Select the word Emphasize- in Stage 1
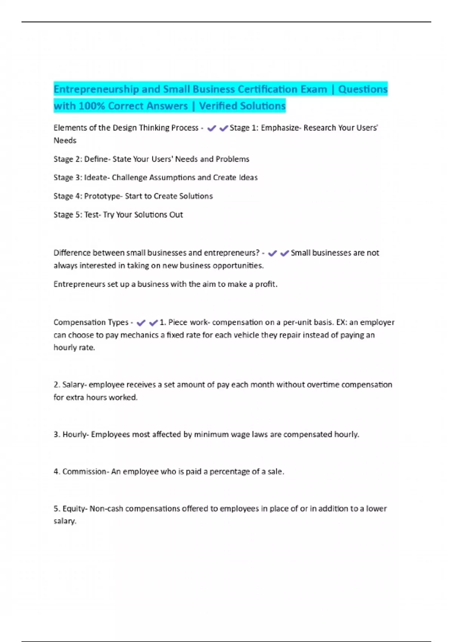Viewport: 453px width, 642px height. click(x=281, y=128)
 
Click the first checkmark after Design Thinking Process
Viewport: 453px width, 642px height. click(x=211, y=128)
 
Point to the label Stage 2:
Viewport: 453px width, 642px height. click(x=68, y=159)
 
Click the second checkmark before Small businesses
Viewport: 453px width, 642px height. click(x=284, y=253)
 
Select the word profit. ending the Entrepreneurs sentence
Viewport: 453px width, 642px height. click(x=266, y=284)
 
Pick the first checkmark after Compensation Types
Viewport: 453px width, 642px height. click(x=141, y=323)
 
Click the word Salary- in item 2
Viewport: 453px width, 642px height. click(x=74, y=385)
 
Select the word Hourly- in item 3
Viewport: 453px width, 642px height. click(x=75, y=435)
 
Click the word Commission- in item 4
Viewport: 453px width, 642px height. click(x=86, y=472)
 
